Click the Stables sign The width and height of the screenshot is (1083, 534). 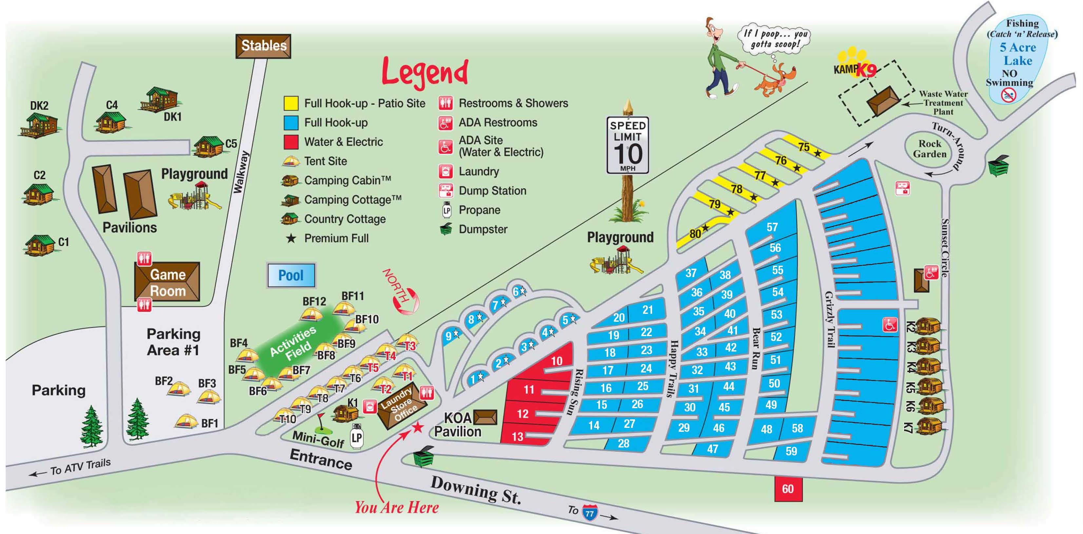(263, 46)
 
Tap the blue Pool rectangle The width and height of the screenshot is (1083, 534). (291, 276)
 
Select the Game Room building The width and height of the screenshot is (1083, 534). (167, 282)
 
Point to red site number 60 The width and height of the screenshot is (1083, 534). (788, 488)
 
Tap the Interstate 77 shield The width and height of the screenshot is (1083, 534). (590, 513)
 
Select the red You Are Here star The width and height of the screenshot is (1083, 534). (417, 428)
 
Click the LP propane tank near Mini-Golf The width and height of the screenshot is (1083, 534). (356, 437)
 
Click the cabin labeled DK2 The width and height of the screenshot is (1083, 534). (39, 125)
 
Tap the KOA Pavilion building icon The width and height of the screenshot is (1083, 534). (485, 417)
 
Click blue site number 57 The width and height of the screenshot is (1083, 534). (772, 227)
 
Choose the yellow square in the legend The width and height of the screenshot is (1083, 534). (291, 103)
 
